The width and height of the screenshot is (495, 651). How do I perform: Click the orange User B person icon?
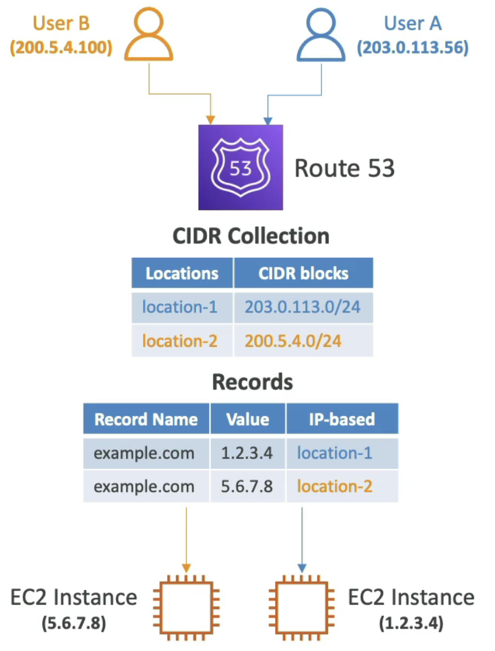click(148, 35)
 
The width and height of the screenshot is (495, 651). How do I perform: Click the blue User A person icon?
click(321, 35)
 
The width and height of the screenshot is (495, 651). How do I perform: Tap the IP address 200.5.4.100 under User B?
click(61, 47)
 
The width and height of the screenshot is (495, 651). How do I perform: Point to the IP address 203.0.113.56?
click(413, 47)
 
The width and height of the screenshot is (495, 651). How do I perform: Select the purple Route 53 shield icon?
click(241, 167)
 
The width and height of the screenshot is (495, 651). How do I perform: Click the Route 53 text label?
click(344, 168)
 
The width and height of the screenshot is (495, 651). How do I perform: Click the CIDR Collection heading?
click(251, 236)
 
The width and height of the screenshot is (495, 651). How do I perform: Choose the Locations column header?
click(182, 273)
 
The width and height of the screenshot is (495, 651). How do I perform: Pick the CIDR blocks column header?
click(303, 273)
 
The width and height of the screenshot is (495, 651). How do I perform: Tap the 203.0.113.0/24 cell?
click(303, 307)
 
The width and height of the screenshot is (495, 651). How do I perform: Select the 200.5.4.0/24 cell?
click(293, 341)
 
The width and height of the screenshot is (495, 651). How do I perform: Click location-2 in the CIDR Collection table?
click(179, 341)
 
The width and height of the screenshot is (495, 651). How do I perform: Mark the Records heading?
click(252, 382)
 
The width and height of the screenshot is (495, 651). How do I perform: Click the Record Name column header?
click(146, 419)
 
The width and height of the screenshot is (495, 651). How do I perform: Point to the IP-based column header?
click(342, 419)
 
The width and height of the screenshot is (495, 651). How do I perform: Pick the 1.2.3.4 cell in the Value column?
click(247, 453)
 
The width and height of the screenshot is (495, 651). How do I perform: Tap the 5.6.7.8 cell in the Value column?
click(247, 486)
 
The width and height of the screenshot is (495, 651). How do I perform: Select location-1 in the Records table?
click(334, 453)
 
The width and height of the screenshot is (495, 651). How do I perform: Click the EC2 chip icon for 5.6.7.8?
click(186, 608)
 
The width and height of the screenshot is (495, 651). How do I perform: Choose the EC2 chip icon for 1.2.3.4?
click(302, 608)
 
